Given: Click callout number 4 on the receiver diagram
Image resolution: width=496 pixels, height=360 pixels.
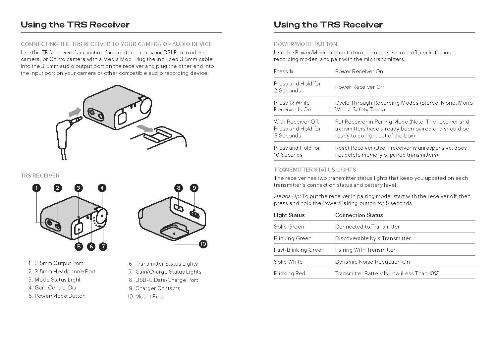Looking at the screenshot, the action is click(102, 188).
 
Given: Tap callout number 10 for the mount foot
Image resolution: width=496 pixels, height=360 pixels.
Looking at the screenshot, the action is click(203, 244).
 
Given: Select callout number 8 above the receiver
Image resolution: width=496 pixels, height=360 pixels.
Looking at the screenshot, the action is click(179, 188).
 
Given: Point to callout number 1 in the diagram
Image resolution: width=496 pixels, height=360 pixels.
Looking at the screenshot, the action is click(36, 188).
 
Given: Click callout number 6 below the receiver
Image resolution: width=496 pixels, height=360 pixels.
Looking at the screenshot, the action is click(91, 246).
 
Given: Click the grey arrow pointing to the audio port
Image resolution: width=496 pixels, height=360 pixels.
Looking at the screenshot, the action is click(75, 112).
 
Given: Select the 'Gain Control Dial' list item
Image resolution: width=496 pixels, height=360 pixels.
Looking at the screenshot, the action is click(53, 288).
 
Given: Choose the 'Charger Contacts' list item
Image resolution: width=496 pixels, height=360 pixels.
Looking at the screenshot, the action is click(154, 288).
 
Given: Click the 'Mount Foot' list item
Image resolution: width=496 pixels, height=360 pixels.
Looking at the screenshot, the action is click(146, 296).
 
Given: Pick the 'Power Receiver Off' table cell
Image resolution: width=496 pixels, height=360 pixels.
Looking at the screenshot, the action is click(359, 87).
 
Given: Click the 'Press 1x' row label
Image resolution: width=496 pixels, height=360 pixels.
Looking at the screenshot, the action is click(283, 71).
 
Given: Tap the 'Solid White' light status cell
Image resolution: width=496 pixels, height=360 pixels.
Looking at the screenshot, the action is click(288, 262).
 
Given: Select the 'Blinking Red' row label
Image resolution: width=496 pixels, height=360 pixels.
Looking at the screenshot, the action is click(289, 273).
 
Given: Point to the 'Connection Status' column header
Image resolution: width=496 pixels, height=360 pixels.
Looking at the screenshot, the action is click(359, 215).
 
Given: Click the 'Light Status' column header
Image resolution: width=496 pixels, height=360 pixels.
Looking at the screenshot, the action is click(289, 215).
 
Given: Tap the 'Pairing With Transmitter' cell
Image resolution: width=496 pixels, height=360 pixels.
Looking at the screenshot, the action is click(365, 250).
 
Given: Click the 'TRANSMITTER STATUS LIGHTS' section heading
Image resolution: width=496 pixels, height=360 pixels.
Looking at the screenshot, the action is click(315, 170).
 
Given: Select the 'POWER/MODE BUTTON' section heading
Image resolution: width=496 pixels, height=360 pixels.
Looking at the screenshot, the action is click(305, 44).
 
